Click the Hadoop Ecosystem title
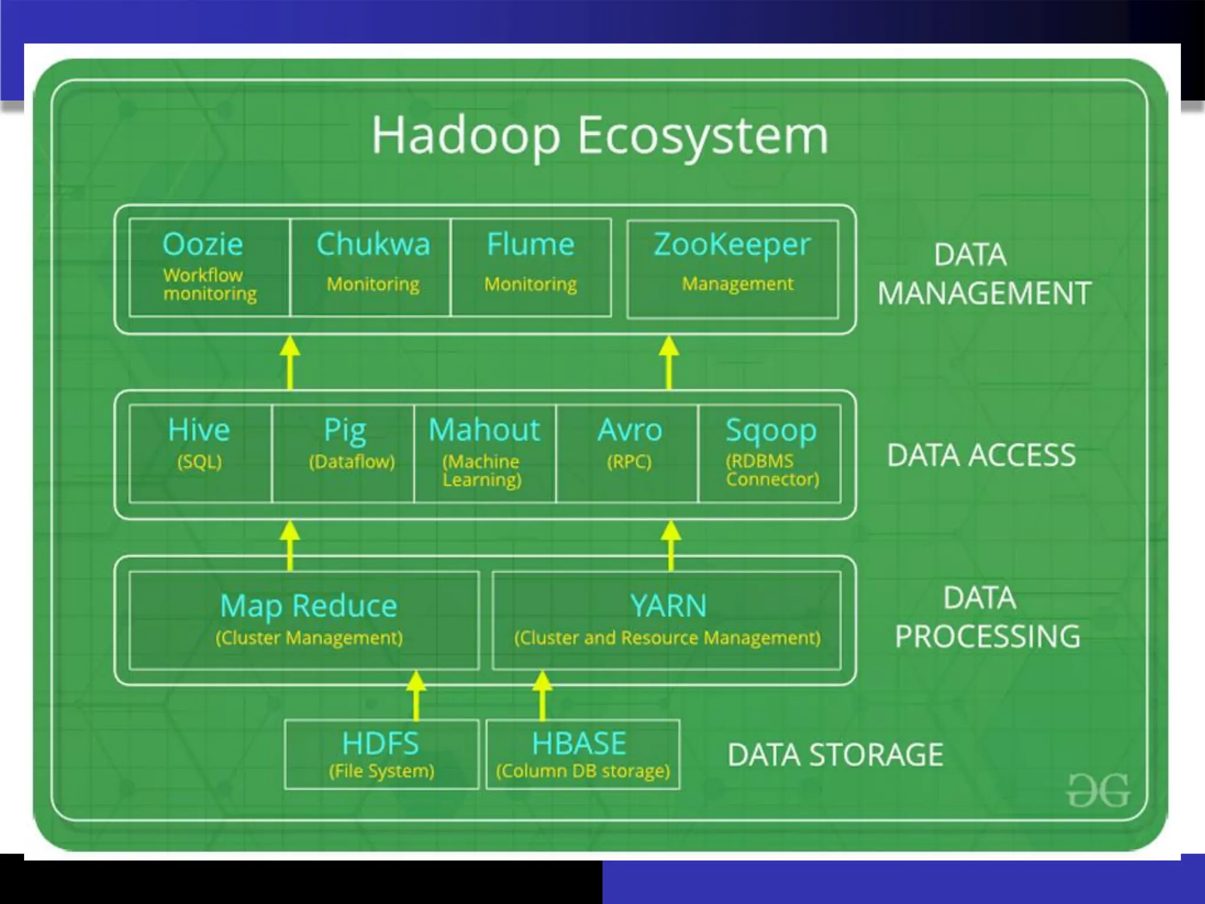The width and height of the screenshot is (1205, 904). click(x=600, y=136)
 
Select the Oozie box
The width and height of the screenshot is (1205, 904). click(x=209, y=268)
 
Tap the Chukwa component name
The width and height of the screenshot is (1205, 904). click(x=373, y=244)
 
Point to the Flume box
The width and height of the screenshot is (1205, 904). click(x=531, y=268)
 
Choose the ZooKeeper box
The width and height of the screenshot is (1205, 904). click(x=733, y=269)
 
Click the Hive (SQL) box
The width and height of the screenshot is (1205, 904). click(x=200, y=453)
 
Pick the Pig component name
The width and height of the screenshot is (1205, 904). click(x=345, y=430)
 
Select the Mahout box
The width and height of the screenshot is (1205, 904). click(x=484, y=453)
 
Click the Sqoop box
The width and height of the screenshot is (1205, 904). click(x=770, y=453)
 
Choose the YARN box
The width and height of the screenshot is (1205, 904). click(x=667, y=620)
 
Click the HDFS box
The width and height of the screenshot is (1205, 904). click(x=381, y=754)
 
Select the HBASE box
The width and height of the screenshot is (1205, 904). click(x=582, y=754)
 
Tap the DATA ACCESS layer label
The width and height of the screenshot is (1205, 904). click(x=981, y=456)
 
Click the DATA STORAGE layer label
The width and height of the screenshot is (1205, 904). click(x=835, y=755)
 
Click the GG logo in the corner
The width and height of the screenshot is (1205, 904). click(x=1098, y=790)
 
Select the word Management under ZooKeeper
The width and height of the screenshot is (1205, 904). click(x=737, y=284)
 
